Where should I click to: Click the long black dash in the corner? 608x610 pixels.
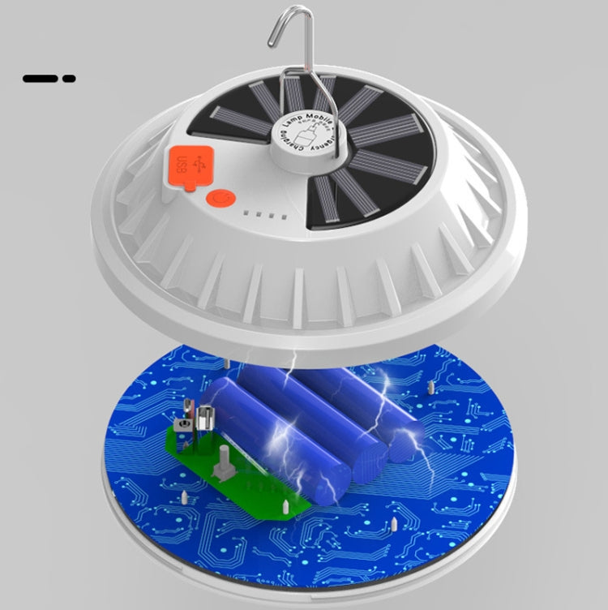[x=40, y=79]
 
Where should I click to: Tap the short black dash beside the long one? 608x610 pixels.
[x=69, y=79]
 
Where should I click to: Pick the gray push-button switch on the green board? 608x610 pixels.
[x=219, y=465]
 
